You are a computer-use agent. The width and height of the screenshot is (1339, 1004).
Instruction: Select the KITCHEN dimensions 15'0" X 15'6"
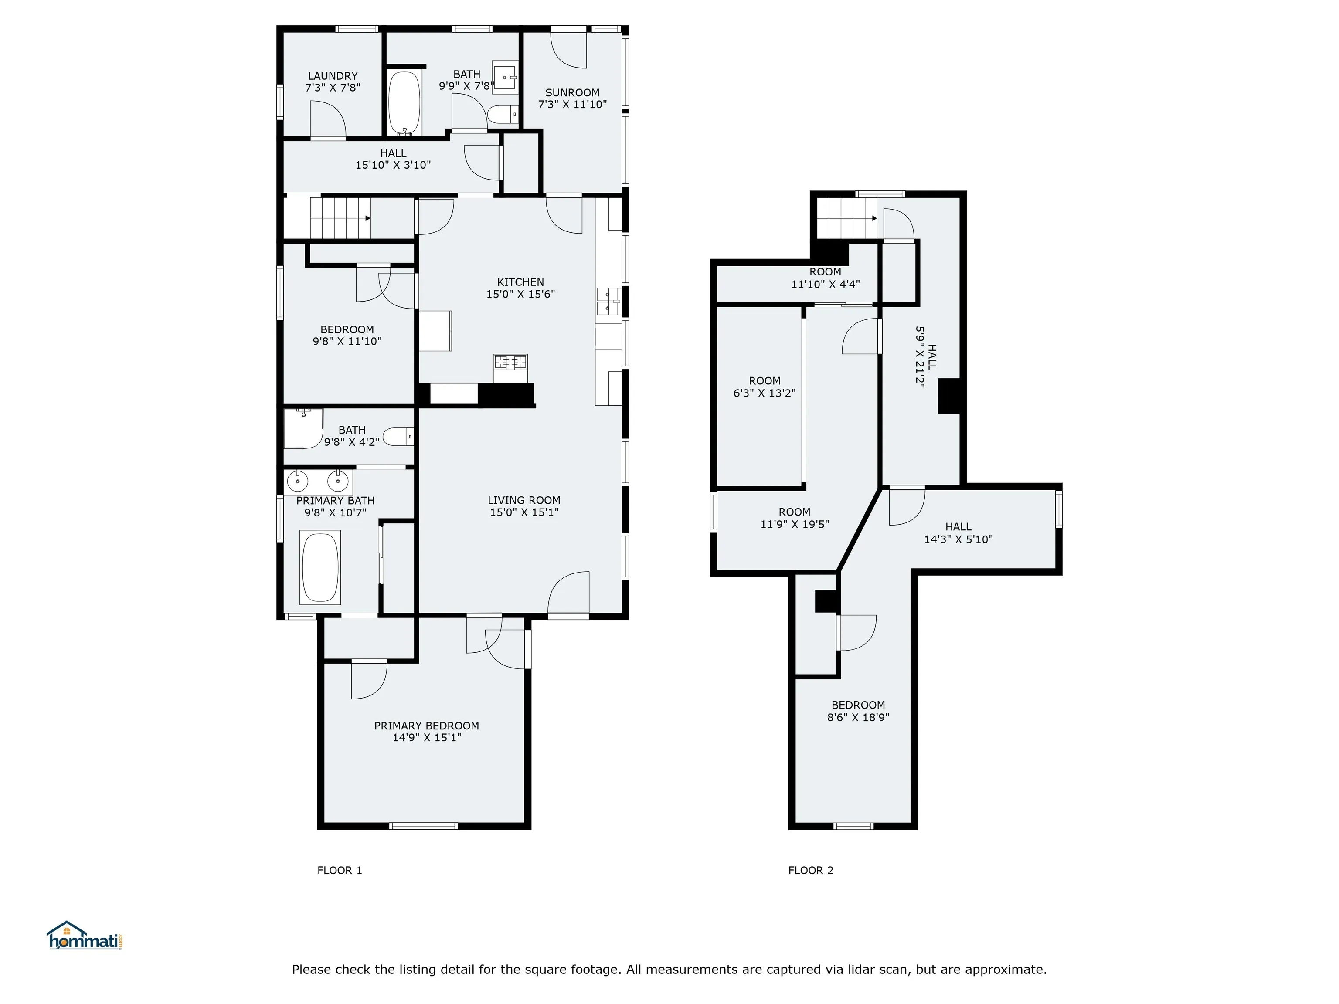tap(520, 294)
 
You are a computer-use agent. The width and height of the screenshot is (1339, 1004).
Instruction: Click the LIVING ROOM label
tap(524, 501)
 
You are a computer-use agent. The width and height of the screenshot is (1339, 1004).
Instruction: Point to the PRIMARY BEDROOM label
tap(427, 726)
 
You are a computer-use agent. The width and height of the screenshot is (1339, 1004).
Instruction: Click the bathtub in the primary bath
tap(320, 568)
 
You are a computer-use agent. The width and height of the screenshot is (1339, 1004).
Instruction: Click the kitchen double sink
tap(609, 302)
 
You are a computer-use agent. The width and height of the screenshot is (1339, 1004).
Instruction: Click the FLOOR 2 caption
tap(811, 870)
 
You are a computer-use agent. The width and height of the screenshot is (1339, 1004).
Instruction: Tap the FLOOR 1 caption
tap(340, 870)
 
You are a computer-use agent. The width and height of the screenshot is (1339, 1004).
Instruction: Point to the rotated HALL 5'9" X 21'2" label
tap(926, 357)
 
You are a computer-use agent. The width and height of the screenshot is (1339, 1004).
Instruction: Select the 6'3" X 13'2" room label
tap(765, 387)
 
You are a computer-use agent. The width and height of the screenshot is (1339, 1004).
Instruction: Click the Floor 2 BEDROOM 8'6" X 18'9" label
tap(858, 711)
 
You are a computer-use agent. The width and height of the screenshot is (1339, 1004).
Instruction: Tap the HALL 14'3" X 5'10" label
tap(958, 533)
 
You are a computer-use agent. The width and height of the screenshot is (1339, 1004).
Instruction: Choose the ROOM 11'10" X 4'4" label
tap(825, 278)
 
